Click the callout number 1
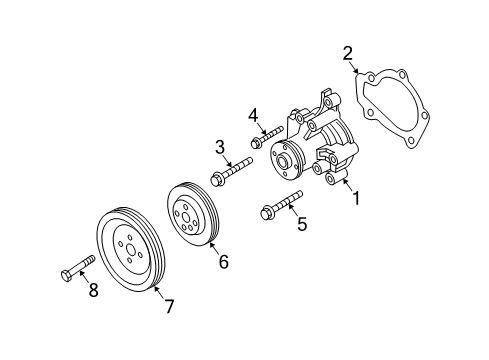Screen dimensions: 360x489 (x=353, y=197)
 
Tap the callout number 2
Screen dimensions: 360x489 (x=348, y=53)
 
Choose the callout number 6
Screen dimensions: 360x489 (x=224, y=262)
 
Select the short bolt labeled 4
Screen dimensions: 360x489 (x=267, y=134)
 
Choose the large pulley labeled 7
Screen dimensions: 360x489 (x=127, y=249)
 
